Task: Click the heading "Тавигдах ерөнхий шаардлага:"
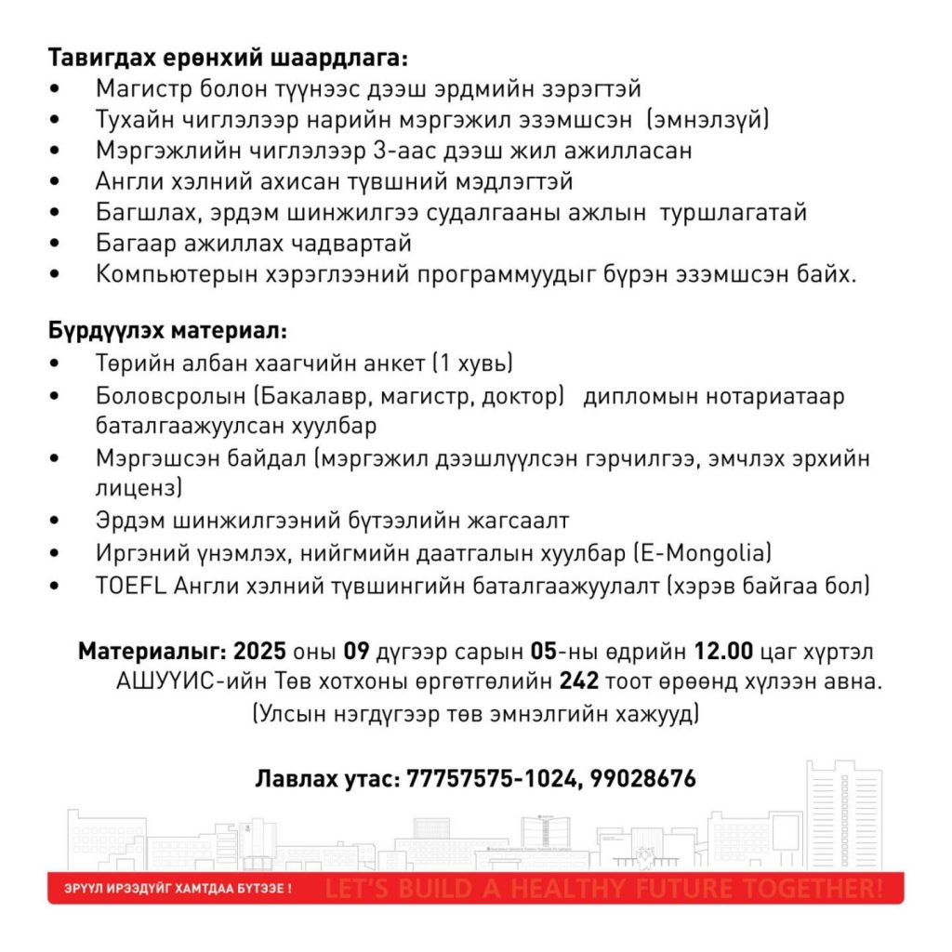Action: tap(228, 58)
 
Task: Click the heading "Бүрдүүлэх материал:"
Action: tap(168, 330)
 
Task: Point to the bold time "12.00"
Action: tap(728, 650)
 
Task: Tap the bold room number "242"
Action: tap(578, 681)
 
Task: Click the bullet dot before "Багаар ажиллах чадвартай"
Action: tap(59, 245)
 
